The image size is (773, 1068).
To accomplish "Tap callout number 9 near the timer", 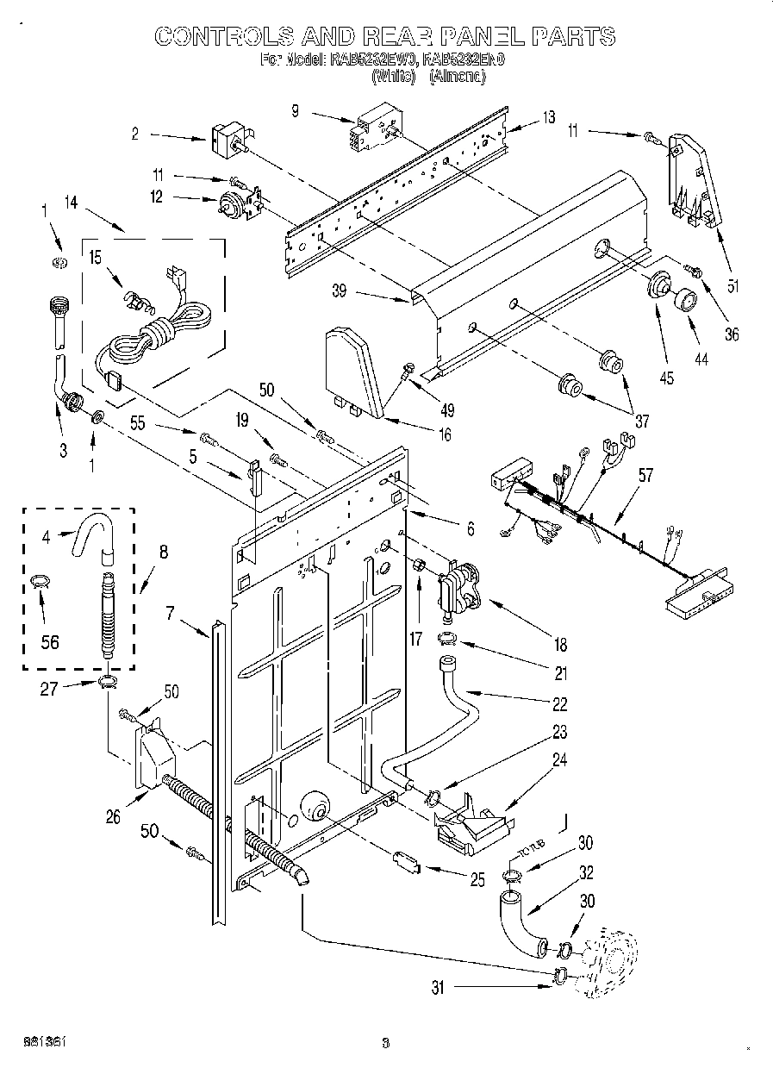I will click(x=295, y=110).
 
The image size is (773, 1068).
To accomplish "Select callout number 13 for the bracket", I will click(x=550, y=117).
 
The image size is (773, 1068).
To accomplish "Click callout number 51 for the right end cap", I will click(x=732, y=288).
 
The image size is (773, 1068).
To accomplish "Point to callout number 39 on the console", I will click(x=339, y=291).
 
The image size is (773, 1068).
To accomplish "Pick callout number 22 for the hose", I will click(x=559, y=704).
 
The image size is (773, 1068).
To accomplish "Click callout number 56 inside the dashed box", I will click(x=50, y=641).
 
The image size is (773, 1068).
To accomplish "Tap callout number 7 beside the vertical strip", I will click(x=170, y=614).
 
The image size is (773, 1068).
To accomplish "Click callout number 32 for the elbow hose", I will click(x=586, y=871).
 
